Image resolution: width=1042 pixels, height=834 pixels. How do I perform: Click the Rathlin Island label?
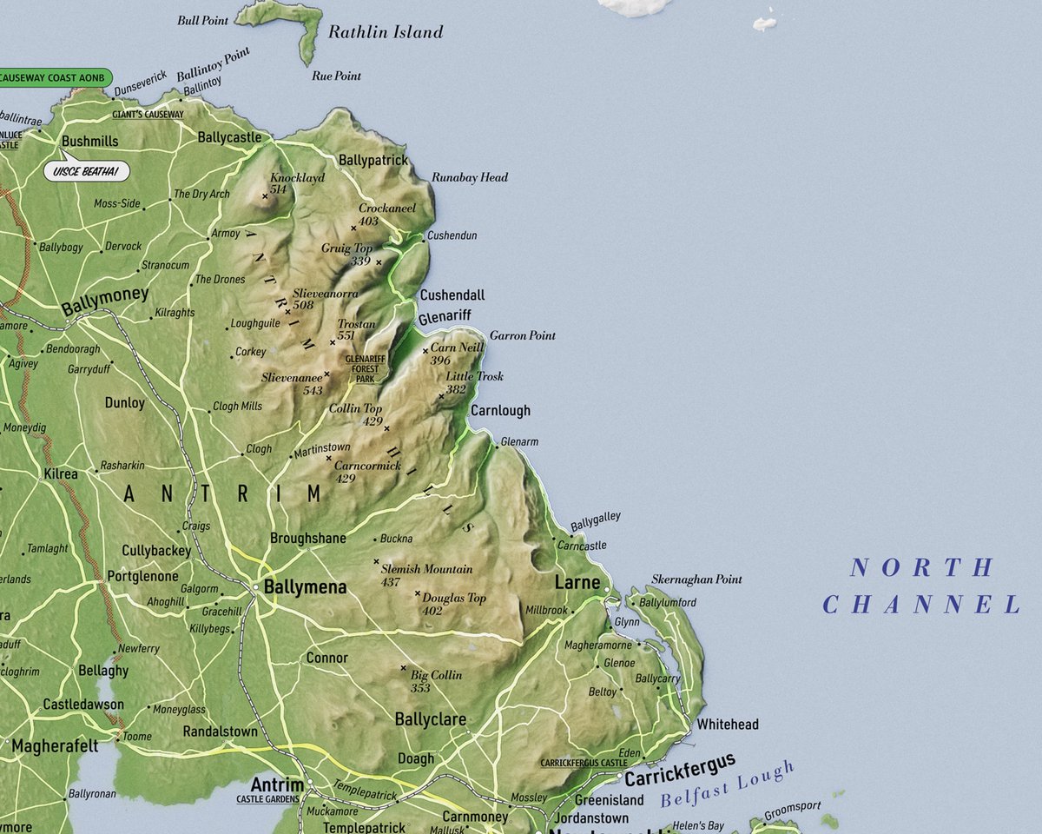coord(385,33)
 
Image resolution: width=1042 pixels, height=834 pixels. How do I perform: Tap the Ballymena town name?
coord(305,587)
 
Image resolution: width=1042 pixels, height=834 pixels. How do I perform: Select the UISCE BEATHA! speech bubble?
coord(86,171)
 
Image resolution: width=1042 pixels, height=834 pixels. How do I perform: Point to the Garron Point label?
coord(523,335)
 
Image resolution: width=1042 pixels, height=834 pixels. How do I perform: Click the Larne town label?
coord(577,582)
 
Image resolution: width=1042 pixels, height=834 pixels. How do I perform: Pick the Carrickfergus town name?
coord(680,770)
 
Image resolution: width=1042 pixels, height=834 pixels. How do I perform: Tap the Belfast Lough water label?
coord(728,784)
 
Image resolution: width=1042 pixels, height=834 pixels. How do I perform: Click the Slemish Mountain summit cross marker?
coord(376,561)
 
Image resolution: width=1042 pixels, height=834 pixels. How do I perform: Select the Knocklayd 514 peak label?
coord(295,182)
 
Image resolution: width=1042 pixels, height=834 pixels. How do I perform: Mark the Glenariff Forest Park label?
coord(365,369)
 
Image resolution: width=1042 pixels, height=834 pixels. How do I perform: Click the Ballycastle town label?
coord(229,137)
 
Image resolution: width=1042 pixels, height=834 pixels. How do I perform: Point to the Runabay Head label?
coord(470,177)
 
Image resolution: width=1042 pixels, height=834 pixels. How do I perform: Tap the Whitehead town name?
coord(728,724)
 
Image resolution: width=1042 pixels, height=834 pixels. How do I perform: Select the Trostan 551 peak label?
coord(356,329)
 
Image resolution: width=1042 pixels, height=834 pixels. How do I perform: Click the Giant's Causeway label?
coord(148,114)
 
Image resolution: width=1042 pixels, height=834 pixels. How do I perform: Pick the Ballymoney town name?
coord(105,296)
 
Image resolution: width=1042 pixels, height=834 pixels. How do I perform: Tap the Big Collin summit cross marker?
coord(403,667)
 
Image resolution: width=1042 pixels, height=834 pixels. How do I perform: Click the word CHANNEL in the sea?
coord(921,605)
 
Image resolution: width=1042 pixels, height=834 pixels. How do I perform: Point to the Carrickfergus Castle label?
coord(584,763)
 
